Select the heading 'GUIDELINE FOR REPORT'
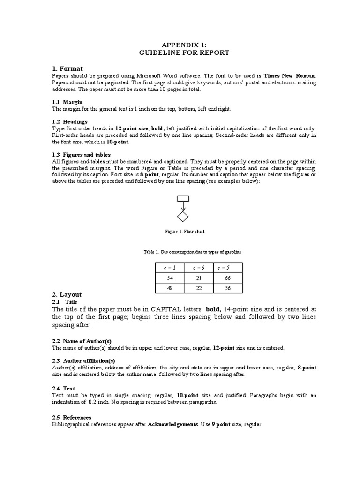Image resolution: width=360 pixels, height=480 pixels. (184, 52)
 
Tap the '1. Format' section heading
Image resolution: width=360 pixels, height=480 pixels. (67, 69)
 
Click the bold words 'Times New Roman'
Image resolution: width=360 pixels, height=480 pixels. (290, 75)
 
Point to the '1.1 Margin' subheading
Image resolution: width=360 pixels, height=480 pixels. (67, 102)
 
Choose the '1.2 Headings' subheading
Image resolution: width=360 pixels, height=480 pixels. (70, 121)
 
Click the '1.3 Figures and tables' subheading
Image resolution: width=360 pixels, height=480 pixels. (81, 154)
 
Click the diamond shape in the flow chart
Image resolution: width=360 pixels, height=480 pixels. (182, 217)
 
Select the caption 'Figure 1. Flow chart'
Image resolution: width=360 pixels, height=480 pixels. (185, 232)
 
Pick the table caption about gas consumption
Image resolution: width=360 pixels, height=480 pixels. (192, 252)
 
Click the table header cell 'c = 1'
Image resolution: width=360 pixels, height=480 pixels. (170, 267)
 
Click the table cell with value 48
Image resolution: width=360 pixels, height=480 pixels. (170, 288)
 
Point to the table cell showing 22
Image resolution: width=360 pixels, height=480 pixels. (198, 288)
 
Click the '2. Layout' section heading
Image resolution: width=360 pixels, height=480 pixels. (67, 294)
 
